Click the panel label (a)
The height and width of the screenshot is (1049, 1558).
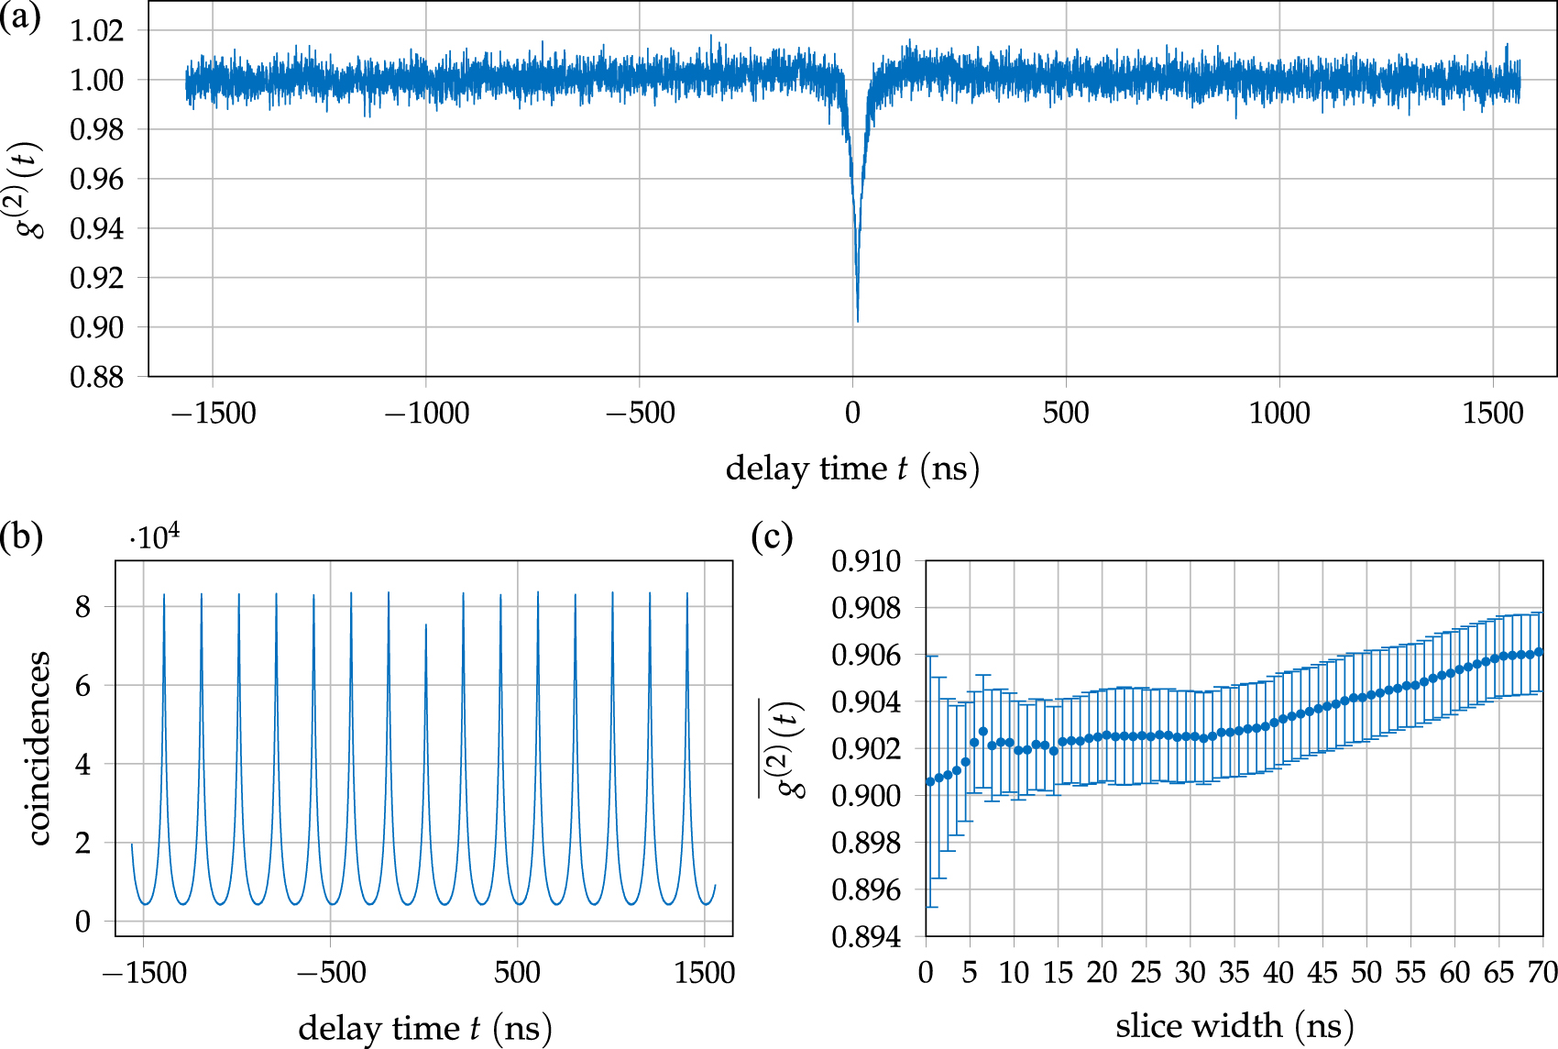point(20,17)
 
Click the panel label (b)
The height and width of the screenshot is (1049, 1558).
point(21,536)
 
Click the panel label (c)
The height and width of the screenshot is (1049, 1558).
point(772,536)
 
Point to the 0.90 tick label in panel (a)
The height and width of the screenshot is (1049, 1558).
point(96,327)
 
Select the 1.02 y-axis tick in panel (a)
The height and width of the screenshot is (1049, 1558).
point(96,30)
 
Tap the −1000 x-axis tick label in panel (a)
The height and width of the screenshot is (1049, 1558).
point(426,414)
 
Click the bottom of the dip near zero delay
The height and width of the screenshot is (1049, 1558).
point(857,321)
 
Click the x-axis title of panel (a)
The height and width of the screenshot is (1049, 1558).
point(852,469)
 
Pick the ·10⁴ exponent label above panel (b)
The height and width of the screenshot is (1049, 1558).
point(154,536)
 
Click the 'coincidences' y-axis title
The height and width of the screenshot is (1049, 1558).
point(38,748)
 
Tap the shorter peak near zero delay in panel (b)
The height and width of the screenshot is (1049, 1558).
point(425,626)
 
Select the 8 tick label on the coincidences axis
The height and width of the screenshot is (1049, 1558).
point(83,607)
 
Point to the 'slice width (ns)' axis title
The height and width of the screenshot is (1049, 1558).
point(1234,1026)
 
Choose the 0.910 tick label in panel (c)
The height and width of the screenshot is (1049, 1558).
point(866,561)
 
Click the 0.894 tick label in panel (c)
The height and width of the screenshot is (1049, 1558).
point(866,937)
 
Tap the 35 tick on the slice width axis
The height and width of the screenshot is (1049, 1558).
point(1234,973)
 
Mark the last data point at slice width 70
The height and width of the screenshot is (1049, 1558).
point(1539,652)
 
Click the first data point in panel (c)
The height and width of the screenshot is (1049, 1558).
point(930,782)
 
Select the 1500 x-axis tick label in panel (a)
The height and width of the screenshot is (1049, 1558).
point(1493,414)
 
